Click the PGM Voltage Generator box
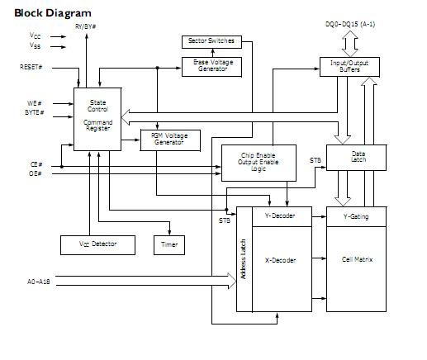[x=171, y=139]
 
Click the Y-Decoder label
[x=275, y=216]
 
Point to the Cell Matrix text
[x=357, y=259]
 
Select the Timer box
[x=169, y=245]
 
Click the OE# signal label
[x=36, y=173]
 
